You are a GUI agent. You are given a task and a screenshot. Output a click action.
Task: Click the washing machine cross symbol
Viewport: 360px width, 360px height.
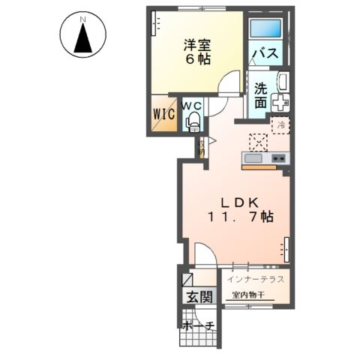282,103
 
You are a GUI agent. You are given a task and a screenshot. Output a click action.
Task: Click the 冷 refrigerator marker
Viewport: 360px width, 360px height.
280,125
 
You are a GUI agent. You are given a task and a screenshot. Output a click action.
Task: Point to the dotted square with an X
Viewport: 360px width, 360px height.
259,141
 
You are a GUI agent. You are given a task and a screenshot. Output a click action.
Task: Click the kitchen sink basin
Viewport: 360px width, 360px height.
253,159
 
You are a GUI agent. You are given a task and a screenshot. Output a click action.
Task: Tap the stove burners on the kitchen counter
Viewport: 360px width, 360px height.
278,158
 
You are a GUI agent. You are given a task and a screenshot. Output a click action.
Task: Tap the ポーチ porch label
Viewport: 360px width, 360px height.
198,325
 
